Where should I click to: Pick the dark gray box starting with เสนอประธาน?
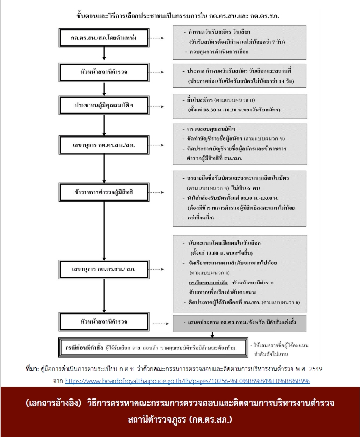(x=239, y=323)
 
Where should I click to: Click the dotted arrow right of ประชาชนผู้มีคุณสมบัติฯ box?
(x=157, y=106)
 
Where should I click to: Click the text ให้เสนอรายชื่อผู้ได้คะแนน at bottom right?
(x=280, y=346)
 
